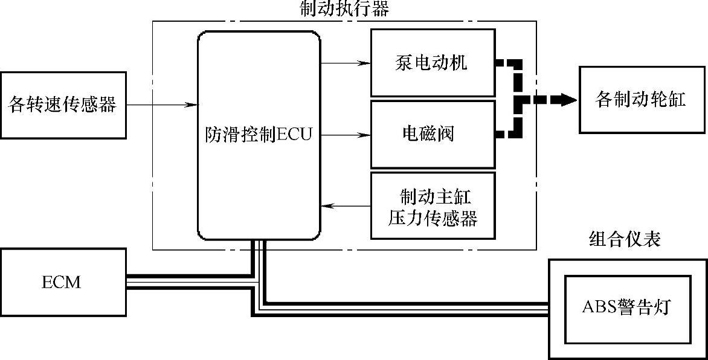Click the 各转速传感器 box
[x=63, y=104]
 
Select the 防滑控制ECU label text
[x=258, y=134]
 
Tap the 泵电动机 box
[x=432, y=63]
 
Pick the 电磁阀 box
[x=432, y=134]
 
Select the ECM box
[x=63, y=282]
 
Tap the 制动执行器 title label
[x=344, y=8]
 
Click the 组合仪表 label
[x=625, y=240]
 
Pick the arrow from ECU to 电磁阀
[x=345, y=135]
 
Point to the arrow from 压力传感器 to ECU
[x=345, y=207]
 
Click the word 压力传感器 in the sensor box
[x=433, y=217]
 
